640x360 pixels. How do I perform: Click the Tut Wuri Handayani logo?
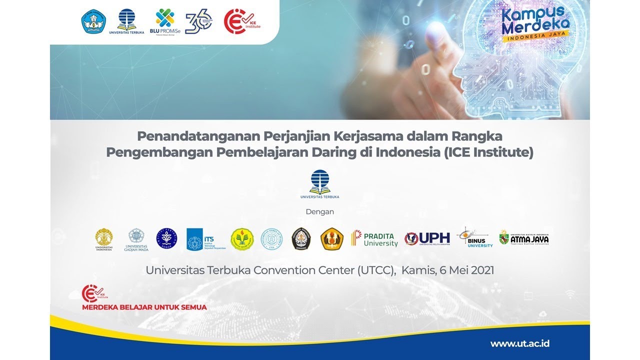[94, 22]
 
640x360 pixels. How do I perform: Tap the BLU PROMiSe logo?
[164, 22]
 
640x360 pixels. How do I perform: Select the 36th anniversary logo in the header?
[198, 22]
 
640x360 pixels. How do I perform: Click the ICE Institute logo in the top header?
[241, 21]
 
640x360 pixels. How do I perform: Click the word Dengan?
[319, 211]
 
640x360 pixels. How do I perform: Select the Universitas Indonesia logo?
[104, 239]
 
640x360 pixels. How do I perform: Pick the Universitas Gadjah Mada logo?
[136, 239]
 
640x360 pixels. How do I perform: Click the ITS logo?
[206, 239]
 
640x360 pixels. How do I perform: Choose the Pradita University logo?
[374, 239]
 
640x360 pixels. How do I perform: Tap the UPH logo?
[427, 239]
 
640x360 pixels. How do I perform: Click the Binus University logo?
[474, 237]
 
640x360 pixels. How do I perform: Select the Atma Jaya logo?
[524, 238]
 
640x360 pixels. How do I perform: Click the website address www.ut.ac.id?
[520, 343]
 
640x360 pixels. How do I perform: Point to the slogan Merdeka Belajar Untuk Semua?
[144, 307]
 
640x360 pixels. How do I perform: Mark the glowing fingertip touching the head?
[436, 27]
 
